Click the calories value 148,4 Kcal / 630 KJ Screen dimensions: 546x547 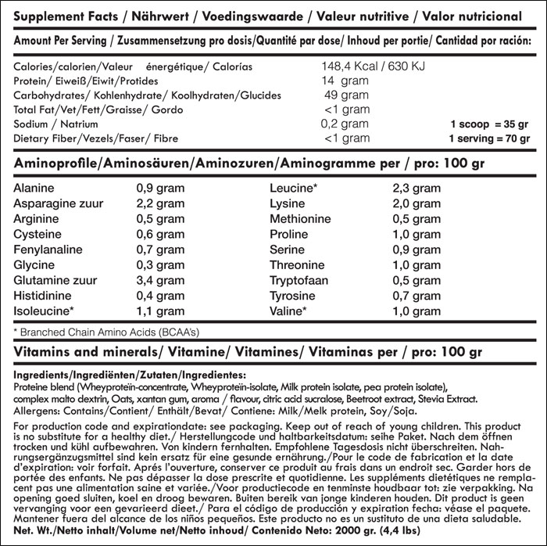click(374, 66)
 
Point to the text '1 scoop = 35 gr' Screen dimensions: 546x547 click(489, 124)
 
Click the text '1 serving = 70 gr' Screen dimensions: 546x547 click(488, 139)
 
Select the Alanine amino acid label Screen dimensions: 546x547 click(34, 189)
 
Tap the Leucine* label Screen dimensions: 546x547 click(293, 189)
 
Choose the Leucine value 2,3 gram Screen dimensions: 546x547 click(417, 189)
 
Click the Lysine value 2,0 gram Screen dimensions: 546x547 click(417, 204)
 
